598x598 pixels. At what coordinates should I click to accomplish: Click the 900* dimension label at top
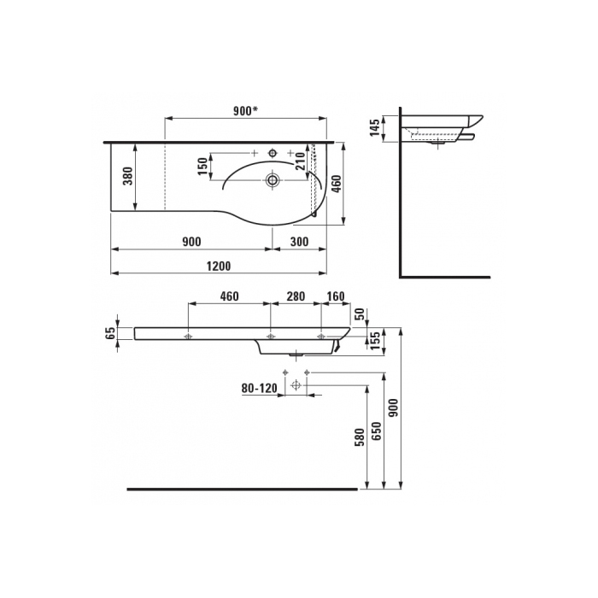pos(246,110)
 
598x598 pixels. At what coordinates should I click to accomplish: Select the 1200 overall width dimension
pos(219,266)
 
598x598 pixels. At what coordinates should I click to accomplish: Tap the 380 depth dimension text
pos(129,176)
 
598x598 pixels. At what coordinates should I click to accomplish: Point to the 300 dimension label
pos(299,242)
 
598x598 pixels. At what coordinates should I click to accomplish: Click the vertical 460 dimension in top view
pos(337,184)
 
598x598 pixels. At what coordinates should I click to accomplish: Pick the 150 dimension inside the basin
pos(203,166)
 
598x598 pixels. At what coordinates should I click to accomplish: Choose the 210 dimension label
pos(302,161)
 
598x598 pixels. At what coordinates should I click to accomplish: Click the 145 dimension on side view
pos(375,127)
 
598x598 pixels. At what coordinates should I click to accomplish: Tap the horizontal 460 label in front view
pos(229,296)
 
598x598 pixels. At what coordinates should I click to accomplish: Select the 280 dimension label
pos(296,296)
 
